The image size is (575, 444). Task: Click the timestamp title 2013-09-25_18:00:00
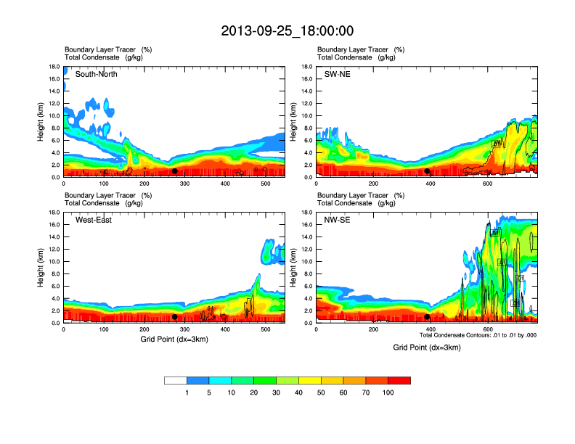pyautogui.click(x=287, y=30)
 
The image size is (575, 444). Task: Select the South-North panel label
pyautogui.click(x=97, y=74)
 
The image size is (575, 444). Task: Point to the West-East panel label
pyautogui.click(x=94, y=220)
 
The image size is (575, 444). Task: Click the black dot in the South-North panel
pyautogui.click(x=174, y=171)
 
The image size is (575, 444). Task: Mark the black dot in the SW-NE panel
pyautogui.click(x=427, y=171)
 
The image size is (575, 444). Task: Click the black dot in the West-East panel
pyautogui.click(x=174, y=317)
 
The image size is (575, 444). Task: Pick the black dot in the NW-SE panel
pyautogui.click(x=427, y=317)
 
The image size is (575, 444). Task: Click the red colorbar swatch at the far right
pyautogui.click(x=399, y=380)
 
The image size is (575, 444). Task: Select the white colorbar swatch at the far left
pyautogui.click(x=176, y=380)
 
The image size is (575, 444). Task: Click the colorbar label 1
pyautogui.click(x=187, y=392)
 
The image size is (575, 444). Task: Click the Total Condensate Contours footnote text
pyautogui.click(x=478, y=335)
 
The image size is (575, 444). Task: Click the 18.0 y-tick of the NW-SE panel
pyautogui.click(x=308, y=213)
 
